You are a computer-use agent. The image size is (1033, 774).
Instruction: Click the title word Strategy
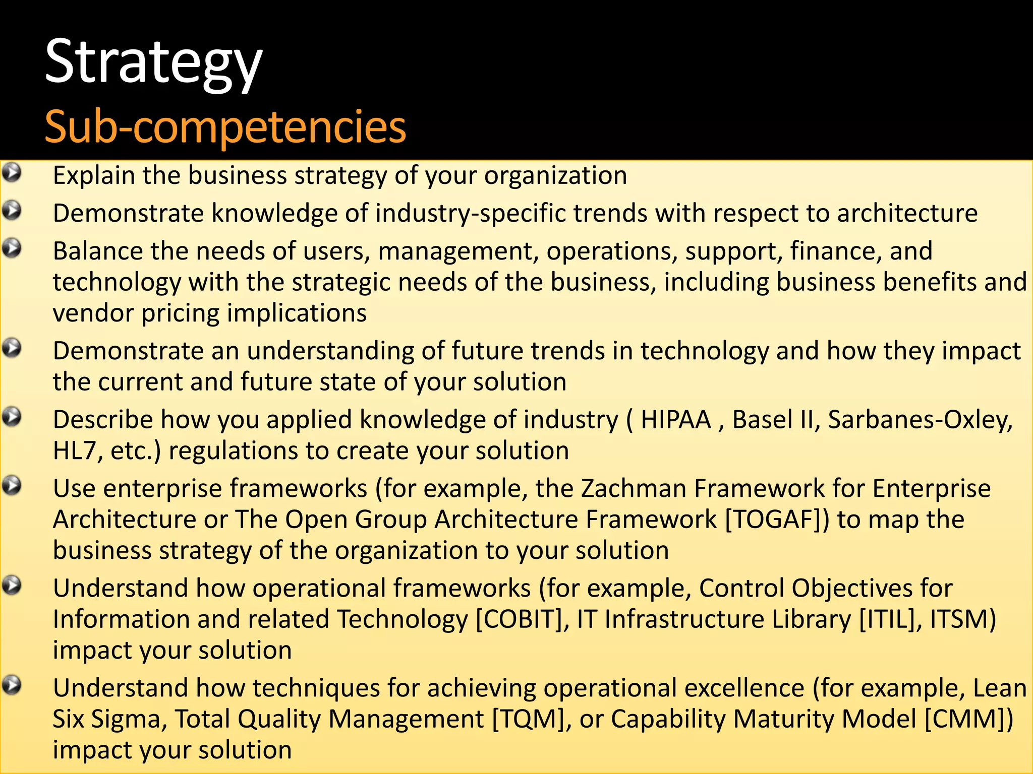click(153, 63)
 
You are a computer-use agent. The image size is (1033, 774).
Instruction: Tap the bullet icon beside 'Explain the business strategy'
click(12, 173)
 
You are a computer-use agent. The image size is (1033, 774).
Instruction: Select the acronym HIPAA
click(675, 420)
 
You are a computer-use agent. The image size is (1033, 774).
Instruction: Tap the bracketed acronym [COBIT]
click(519, 619)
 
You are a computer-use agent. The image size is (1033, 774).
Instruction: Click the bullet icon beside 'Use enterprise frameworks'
click(12, 486)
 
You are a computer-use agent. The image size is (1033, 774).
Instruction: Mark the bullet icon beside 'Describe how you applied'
click(12, 417)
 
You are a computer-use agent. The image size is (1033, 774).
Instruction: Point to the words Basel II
click(771, 420)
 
